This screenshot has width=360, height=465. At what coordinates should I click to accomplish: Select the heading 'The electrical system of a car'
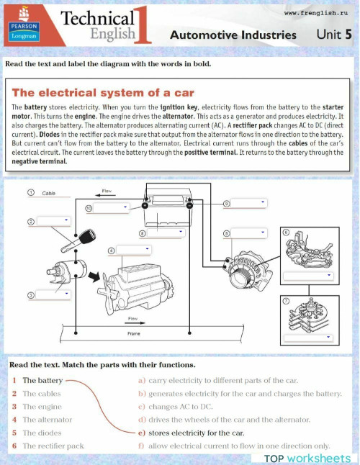(x=103, y=93)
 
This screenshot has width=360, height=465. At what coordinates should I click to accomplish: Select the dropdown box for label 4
(x=134, y=250)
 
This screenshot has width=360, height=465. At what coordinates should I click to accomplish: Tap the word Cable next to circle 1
(x=49, y=194)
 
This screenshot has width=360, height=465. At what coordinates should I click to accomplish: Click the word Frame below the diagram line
(x=134, y=334)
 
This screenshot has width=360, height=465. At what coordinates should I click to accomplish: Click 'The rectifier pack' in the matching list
(x=53, y=446)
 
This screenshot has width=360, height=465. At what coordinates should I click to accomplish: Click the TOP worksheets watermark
(x=307, y=458)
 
